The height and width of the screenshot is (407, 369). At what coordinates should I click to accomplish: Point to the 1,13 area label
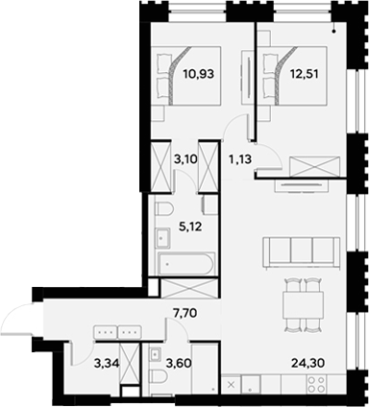tap(238, 161)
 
